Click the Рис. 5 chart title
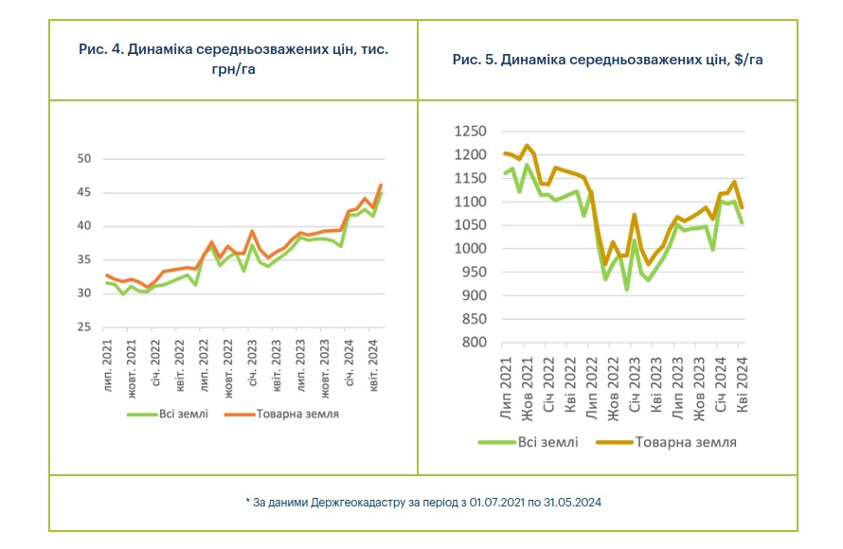click(x=607, y=59)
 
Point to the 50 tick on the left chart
click(x=83, y=159)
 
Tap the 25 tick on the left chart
click(x=83, y=328)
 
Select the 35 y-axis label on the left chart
click(x=83, y=260)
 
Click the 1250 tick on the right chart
click(x=470, y=133)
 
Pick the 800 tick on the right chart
click(x=475, y=342)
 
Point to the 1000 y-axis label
click(x=470, y=249)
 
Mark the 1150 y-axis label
click(x=470, y=179)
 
